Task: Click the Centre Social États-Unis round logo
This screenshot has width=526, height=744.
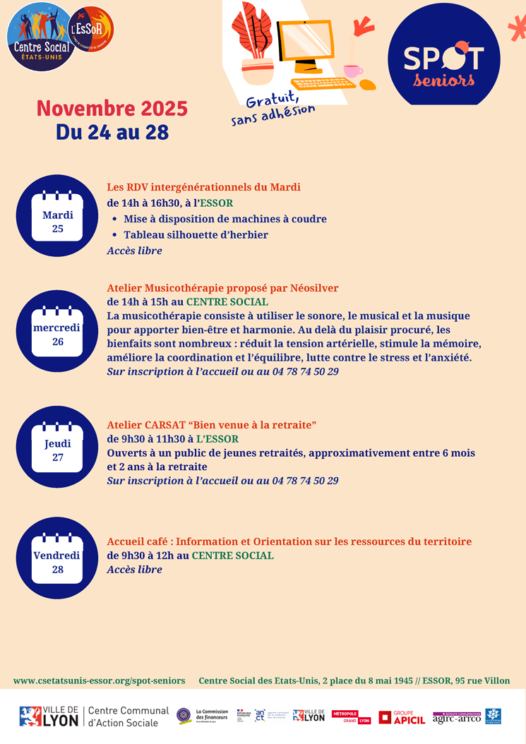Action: (41, 37)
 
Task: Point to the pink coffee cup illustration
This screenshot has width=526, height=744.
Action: (352, 71)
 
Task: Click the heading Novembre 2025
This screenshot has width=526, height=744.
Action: (112, 108)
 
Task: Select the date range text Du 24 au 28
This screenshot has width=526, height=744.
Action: (112, 132)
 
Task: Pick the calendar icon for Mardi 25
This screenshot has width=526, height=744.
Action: (57, 215)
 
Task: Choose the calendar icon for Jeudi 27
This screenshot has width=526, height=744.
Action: (57, 447)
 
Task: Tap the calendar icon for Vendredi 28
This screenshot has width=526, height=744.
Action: (57, 558)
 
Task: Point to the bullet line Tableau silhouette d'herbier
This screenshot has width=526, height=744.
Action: (196, 235)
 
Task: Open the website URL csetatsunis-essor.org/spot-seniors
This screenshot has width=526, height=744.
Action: (99, 680)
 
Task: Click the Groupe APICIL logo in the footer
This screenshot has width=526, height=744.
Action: (402, 717)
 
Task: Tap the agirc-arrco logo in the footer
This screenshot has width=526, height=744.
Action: (457, 717)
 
